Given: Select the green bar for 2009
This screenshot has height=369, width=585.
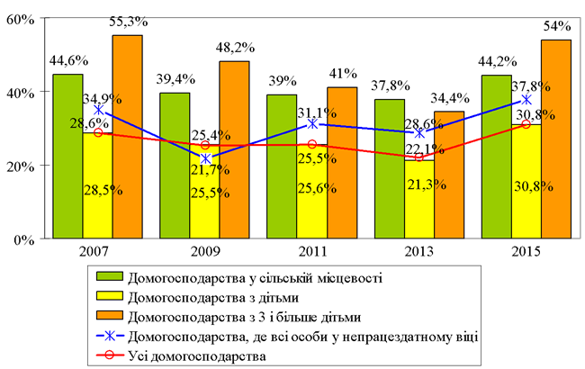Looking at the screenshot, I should (x=174, y=166).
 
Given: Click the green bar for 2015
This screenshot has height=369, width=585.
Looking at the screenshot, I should (x=497, y=157).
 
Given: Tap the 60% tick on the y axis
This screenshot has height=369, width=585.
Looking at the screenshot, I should (x=20, y=18).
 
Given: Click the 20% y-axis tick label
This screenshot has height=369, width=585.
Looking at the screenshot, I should (x=20, y=166).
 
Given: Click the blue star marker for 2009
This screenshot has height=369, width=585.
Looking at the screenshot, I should (x=205, y=158).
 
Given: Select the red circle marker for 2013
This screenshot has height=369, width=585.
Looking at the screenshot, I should (x=419, y=157).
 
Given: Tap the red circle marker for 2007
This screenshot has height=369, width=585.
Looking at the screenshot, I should (x=98, y=133).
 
